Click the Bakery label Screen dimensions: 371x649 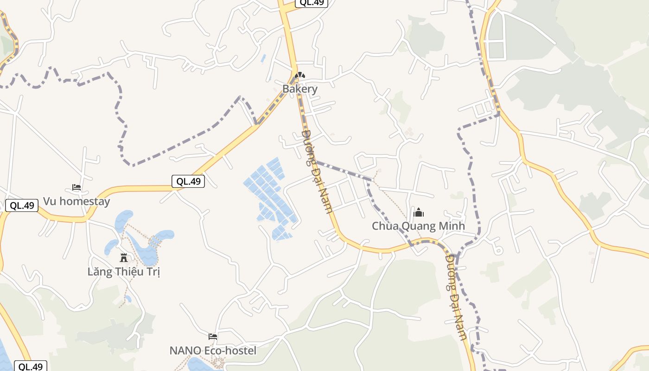pyautogui.click(x=300, y=89)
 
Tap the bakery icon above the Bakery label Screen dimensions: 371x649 pyautogui.click(x=300, y=75)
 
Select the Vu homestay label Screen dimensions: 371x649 pyautogui.click(x=76, y=201)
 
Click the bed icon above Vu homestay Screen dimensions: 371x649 pyautogui.click(x=76, y=188)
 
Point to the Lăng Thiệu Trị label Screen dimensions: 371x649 pyautogui.click(x=123, y=272)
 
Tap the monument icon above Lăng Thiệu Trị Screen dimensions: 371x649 pyautogui.click(x=124, y=257)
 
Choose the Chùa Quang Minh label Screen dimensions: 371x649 pyautogui.click(x=418, y=226)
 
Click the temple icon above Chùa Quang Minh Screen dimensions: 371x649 pyautogui.click(x=419, y=213)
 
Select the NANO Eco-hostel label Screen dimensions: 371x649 pyautogui.click(x=213, y=351)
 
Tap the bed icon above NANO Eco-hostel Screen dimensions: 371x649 pyautogui.click(x=213, y=336)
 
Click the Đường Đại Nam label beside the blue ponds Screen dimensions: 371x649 pyautogui.click(x=317, y=171)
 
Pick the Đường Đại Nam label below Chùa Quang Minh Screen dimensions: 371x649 pyautogui.click(x=456, y=297)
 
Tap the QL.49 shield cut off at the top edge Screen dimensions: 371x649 pyautogui.click(x=312, y=3)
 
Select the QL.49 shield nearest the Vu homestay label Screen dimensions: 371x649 pyautogui.click(x=22, y=205)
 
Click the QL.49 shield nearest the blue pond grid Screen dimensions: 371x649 pyautogui.click(x=188, y=181)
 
